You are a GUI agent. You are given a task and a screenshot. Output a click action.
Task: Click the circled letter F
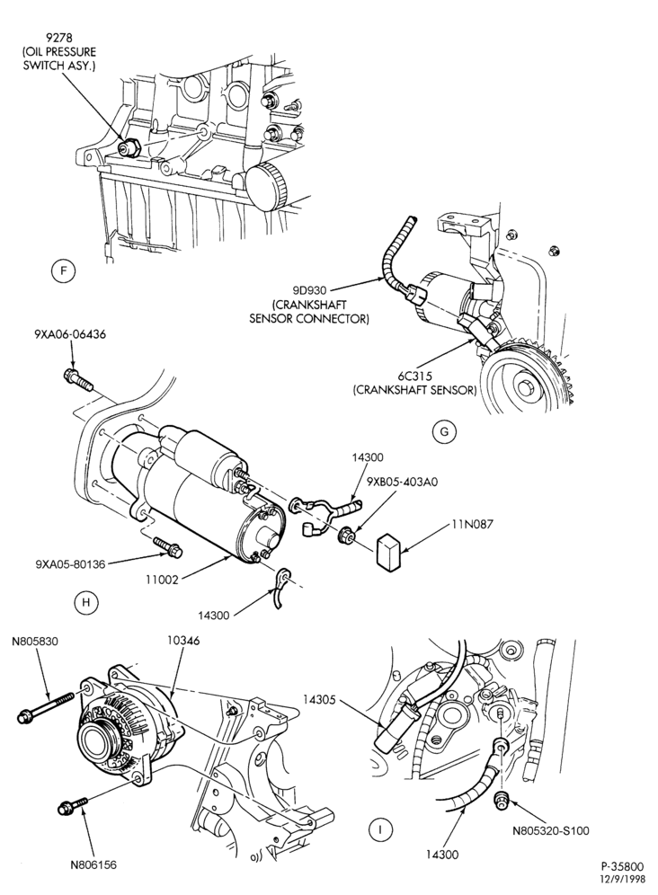tap(64, 271)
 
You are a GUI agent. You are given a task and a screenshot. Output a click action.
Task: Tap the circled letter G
tap(444, 432)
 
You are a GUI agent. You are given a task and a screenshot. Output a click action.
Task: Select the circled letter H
tap(86, 602)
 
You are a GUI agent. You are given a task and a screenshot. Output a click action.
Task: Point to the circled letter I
tap(378, 829)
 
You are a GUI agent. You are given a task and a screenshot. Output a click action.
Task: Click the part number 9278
tap(58, 40)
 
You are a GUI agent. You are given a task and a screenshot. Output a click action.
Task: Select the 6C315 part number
tap(414, 377)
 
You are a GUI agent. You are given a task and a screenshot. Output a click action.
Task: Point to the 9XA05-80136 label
tap(70, 564)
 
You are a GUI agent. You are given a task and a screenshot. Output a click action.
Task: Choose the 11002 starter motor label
tap(164, 580)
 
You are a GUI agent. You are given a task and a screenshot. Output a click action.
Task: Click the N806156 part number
tap(93, 865)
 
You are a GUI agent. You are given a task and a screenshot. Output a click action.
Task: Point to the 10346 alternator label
tap(183, 640)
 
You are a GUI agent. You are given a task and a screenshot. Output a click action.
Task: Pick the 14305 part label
tap(320, 698)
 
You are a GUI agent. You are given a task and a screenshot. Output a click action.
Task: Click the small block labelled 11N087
tap(390, 552)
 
